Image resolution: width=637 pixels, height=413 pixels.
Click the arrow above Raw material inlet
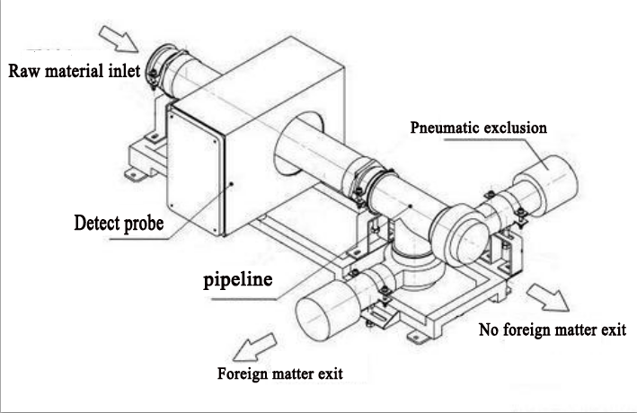(119, 40)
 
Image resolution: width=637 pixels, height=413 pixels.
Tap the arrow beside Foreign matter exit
(255, 347)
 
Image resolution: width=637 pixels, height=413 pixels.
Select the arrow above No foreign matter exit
(548, 297)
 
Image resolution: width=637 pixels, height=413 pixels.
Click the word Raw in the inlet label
(24, 71)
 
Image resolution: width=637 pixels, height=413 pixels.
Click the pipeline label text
(238, 280)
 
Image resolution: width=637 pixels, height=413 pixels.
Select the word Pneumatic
(445, 127)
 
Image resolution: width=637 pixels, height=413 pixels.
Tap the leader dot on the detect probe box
(231, 184)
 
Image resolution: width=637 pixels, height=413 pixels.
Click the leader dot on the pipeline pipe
(411, 206)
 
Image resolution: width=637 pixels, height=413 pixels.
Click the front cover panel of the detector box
(195, 170)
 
